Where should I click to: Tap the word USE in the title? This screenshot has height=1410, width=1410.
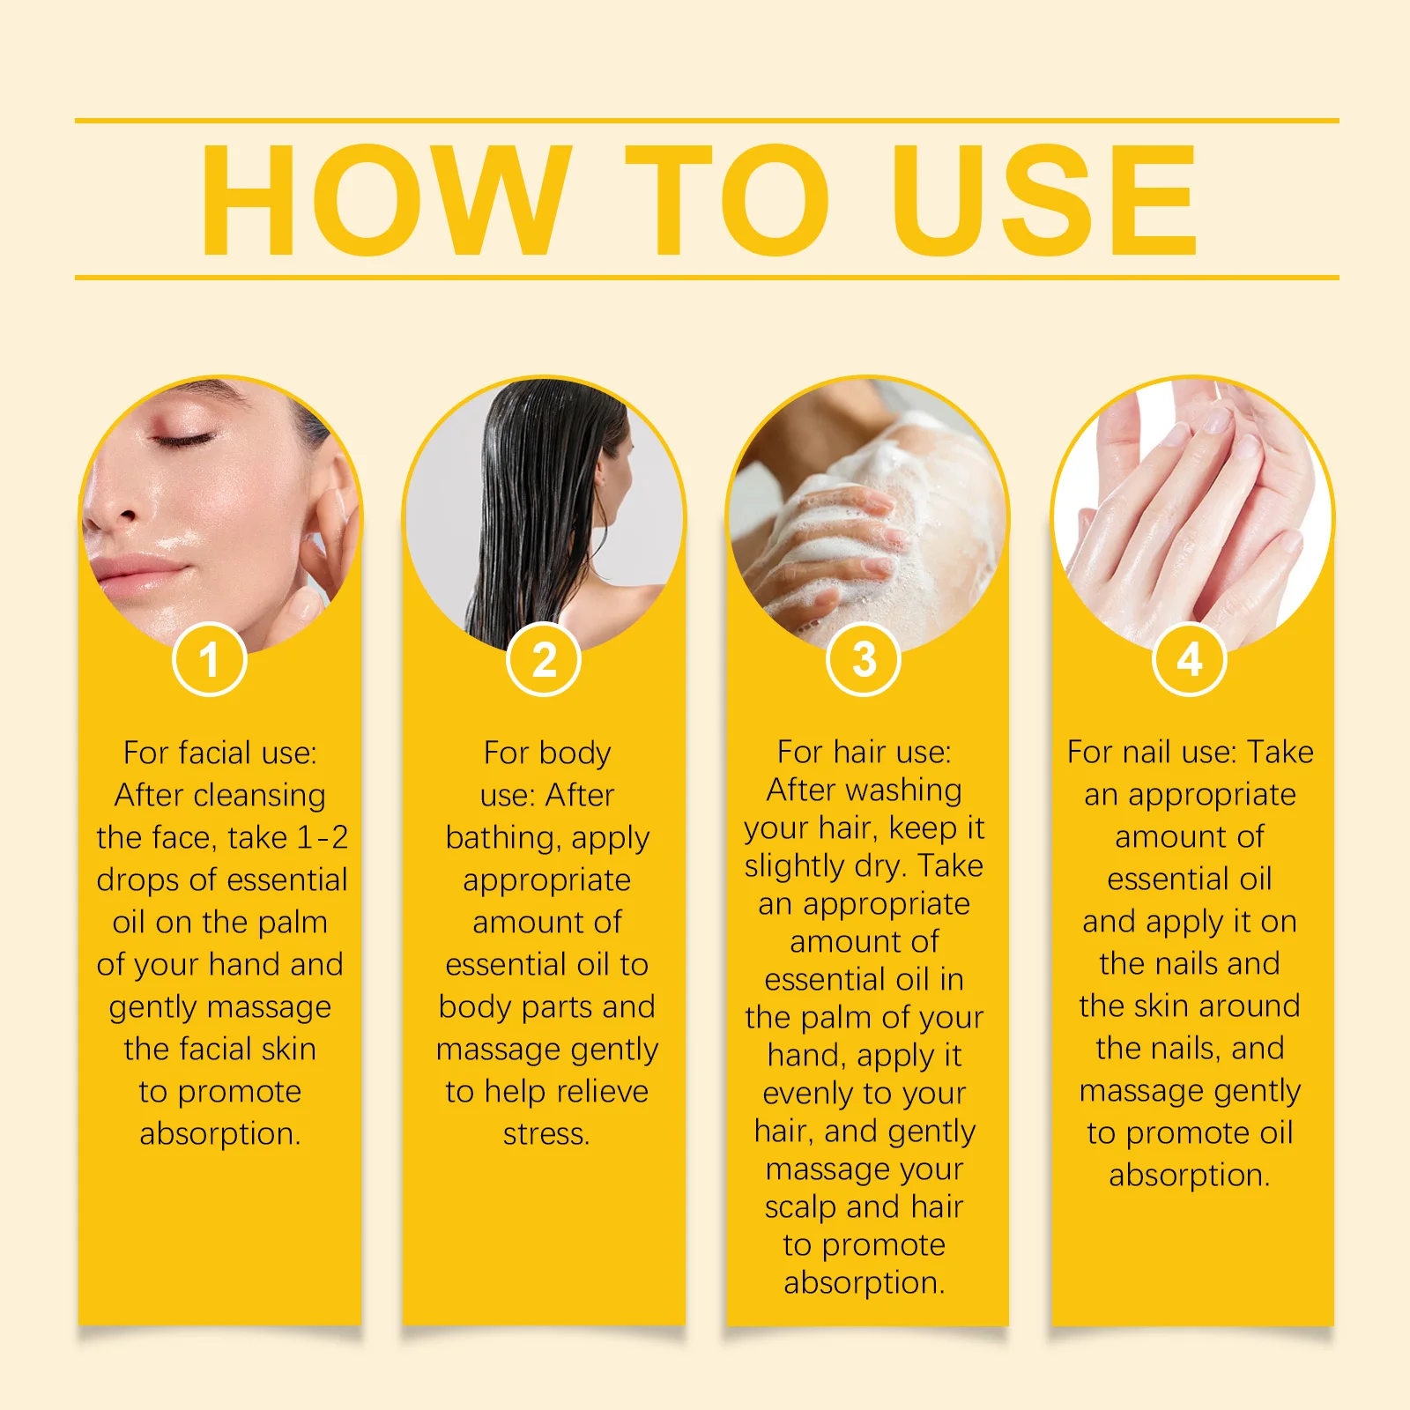click(1044, 201)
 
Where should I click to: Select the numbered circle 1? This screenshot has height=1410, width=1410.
click(209, 659)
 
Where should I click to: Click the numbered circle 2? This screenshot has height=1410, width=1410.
click(544, 659)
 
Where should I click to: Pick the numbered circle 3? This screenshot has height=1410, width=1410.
click(864, 659)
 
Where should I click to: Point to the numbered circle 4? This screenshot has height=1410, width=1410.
click(1190, 659)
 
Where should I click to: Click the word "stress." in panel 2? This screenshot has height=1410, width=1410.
click(546, 1133)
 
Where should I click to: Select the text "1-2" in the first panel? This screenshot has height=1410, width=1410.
click(323, 837)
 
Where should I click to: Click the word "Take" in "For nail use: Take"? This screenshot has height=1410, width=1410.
click(1280, 752)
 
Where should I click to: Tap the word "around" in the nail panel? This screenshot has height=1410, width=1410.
click(1249, 1006)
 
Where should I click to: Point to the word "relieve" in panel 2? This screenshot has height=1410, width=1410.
click(602, 1091)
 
